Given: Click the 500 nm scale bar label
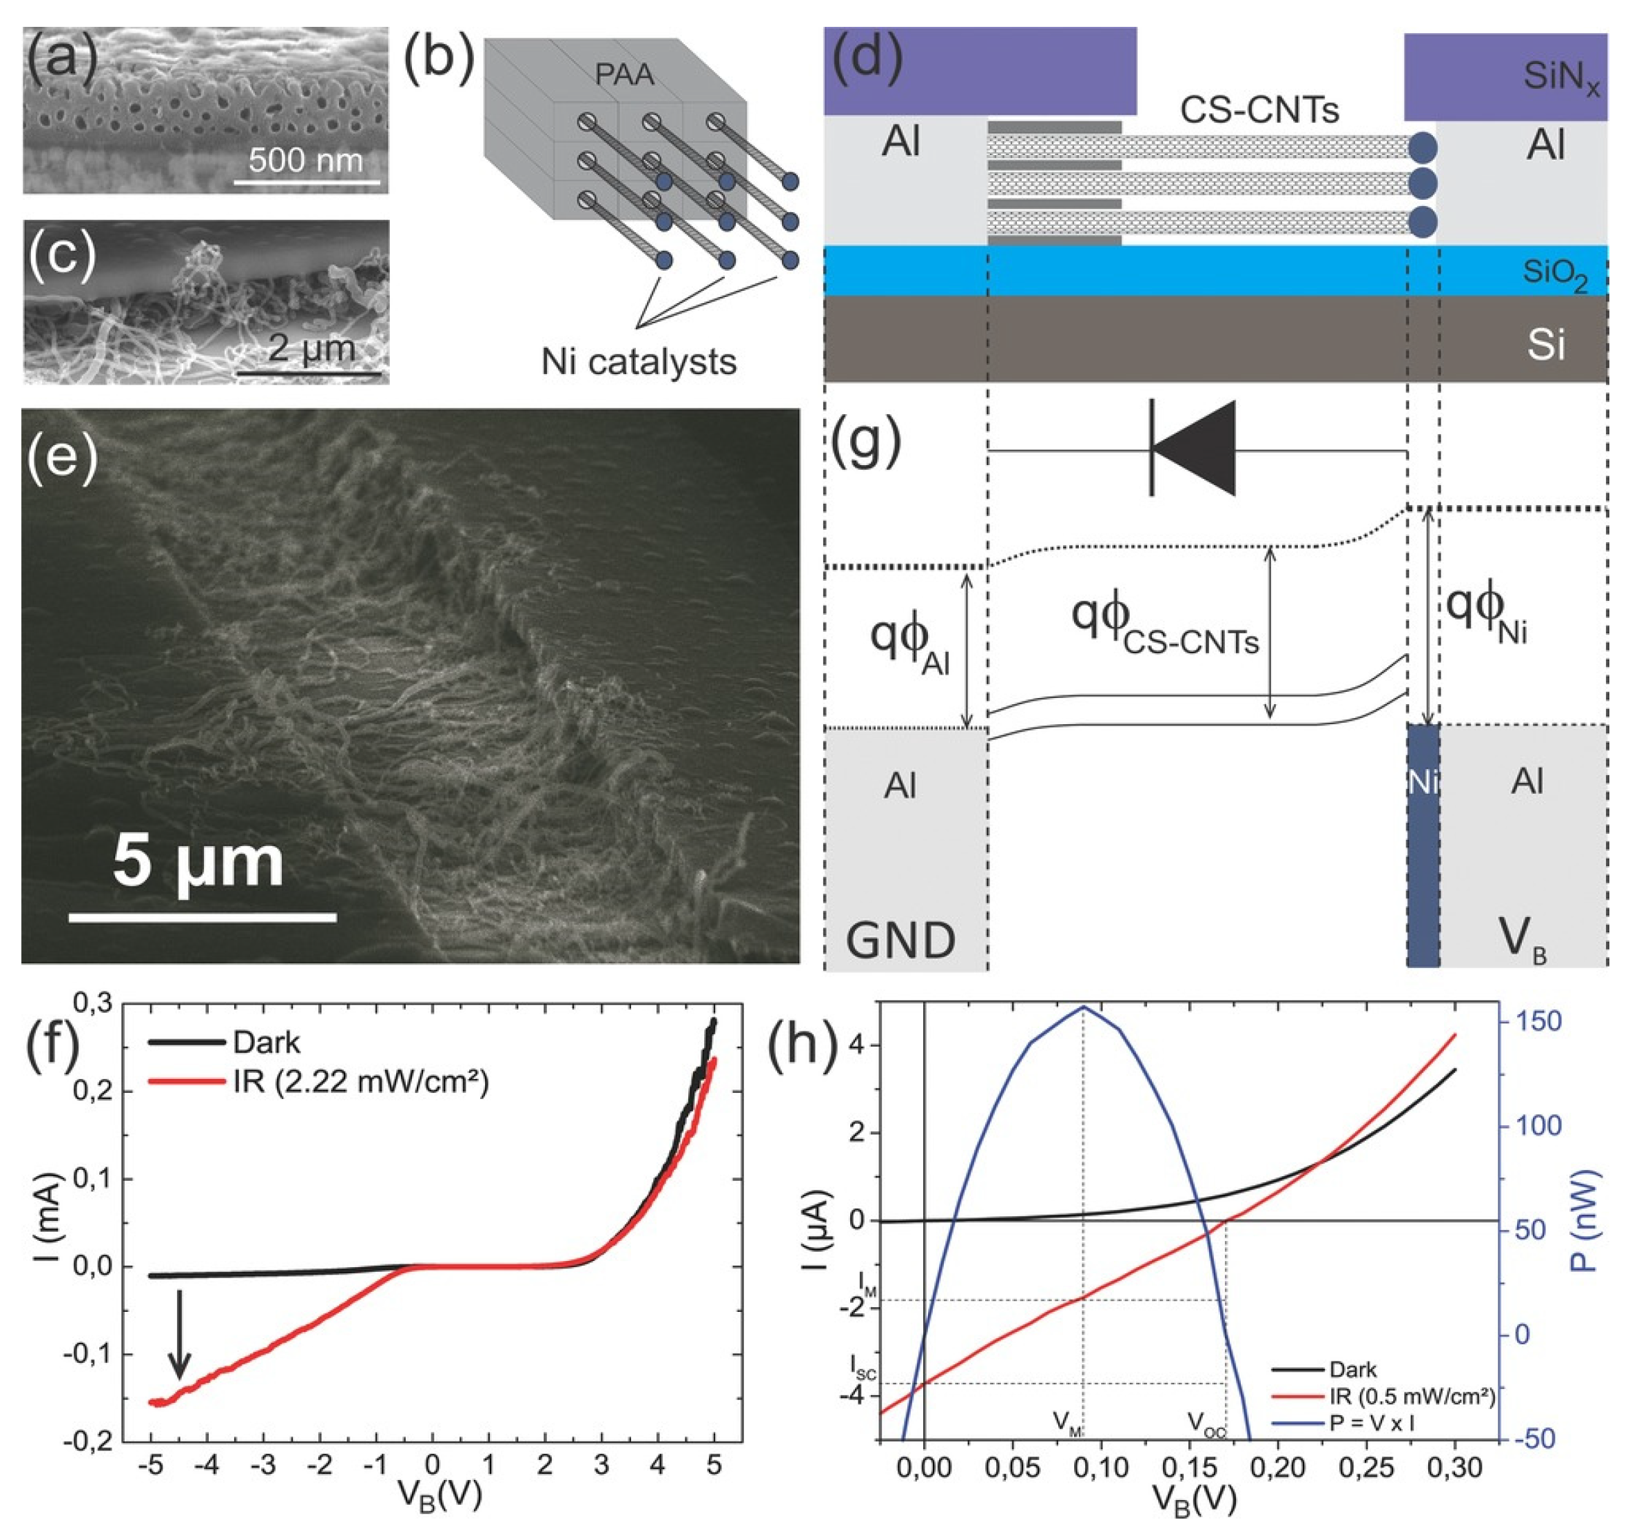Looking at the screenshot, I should (305, 159).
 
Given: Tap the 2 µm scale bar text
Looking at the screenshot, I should (311, 349).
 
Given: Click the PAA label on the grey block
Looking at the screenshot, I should (624, 75).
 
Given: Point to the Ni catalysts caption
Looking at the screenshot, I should (638, 361).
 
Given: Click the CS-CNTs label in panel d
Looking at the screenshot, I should (1259, 110).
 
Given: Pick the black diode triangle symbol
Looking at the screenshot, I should (1195, 449).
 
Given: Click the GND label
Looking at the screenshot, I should (901, 940).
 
